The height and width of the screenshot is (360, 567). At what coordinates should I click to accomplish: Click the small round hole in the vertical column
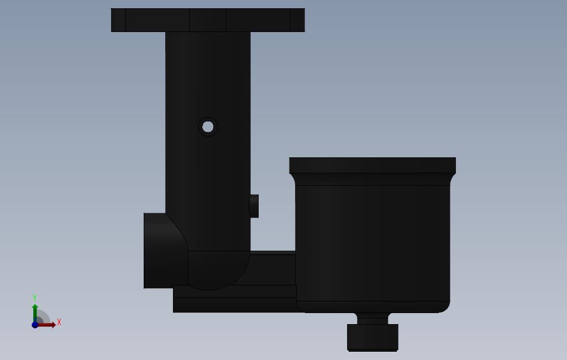point(208,127)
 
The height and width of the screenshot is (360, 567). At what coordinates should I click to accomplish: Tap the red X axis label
point(59,322)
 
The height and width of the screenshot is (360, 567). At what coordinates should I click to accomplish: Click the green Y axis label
point(35,298)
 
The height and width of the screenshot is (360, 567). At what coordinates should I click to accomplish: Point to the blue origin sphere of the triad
point(35,325)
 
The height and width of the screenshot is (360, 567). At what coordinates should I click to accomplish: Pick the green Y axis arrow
point(35,313)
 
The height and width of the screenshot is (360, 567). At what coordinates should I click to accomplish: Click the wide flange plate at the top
point(208,20)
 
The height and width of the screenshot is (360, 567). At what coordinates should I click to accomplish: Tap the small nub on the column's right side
point(254,206)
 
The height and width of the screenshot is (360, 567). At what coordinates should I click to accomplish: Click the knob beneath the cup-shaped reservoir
point(373,337)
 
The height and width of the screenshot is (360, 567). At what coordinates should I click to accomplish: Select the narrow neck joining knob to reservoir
point(373,319)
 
